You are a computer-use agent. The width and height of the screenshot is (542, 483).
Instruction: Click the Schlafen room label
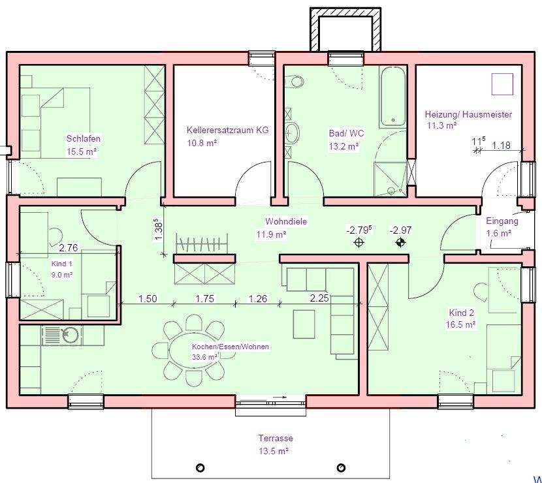click(x=84, y=138)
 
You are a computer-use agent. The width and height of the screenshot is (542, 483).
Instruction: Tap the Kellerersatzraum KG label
click(x=227, y=131)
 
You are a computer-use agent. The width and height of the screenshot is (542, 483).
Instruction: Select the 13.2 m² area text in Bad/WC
click(x=343, y=146)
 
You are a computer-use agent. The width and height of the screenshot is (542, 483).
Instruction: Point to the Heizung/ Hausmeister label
click(x=468, y=114)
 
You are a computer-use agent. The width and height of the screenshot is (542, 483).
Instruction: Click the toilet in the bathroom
click(x=296, y=82)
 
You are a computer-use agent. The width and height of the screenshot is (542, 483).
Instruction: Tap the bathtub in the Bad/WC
click(x=392, y=97)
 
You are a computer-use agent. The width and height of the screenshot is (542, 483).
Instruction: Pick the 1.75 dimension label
click(x=205, y=298)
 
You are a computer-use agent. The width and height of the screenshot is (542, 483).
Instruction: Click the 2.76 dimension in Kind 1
click(x=68, y=248)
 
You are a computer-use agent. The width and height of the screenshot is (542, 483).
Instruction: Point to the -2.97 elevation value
click(x=400, y=230)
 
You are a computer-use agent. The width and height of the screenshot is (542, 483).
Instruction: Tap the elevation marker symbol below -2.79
click(x=359, y=243)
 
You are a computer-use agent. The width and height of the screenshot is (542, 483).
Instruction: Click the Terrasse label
click(x=276, y=438)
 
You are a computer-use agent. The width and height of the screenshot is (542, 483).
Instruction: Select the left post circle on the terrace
click(x=200, y=468)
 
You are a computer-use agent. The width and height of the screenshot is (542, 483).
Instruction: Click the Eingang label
click(x=502, y=221)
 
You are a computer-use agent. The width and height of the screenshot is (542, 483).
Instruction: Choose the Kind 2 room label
click(x=462, y=313)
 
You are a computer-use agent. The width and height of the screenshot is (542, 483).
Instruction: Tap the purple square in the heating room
click(x=502, y=84)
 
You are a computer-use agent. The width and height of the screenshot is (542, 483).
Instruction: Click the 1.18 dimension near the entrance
click(x=502, y=145)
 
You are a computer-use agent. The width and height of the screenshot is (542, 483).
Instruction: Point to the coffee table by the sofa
click(x=304, y=324)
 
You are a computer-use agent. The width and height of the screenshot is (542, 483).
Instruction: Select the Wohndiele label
click(x=286, y=221)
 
